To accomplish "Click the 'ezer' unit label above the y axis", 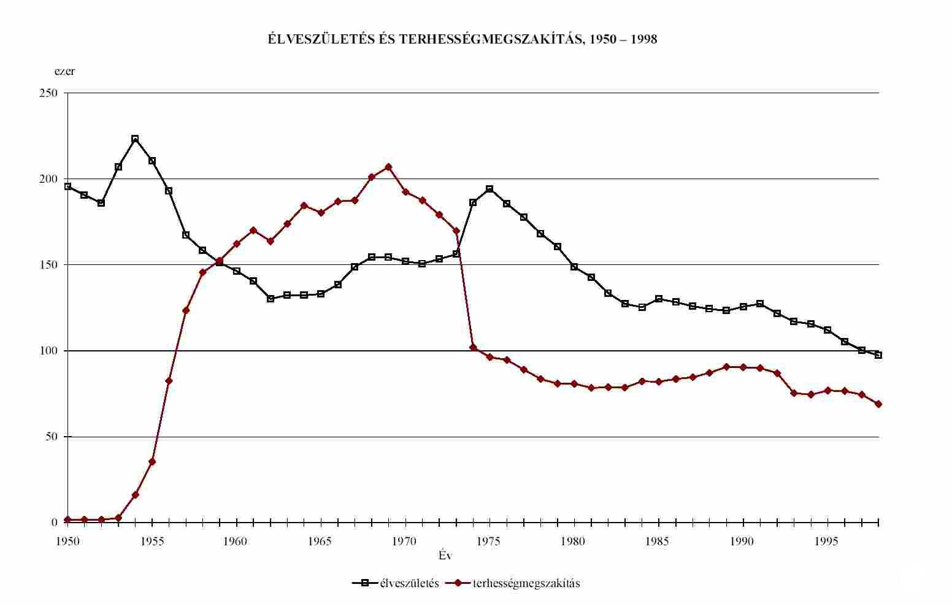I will pyautogui.click(x=64, y=71).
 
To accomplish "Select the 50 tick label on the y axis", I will pyautogui.click(x=52, y=437).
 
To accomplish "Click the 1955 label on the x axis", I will pyautogui.click(x=152, y=542).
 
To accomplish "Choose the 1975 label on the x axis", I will pyautogui.click(x=489, y=542).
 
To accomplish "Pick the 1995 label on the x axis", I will pyautogui.click(x=827, y=542).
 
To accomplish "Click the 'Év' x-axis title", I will pyautogui.click(x=445, y=556).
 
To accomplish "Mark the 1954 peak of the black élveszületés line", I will pyautogui.click(x=135, y=139).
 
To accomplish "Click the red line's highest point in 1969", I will pyautogui.click(x=388, y=167).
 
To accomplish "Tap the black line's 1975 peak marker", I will pyautogui.click(x=489, y=189).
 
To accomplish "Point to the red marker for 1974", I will pyautogui.click(x=473, y=348).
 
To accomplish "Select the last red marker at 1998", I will pyautogui.click(x=878, y=404).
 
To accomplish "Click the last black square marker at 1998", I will pyautogui.click(x=878, y=355).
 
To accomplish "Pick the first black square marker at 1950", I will pyautogui.click(x=67, y=186).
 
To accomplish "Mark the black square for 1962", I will pyautogui.click(x=271, y=299).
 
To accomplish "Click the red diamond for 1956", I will pyautogui.click(x=169, y=381).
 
